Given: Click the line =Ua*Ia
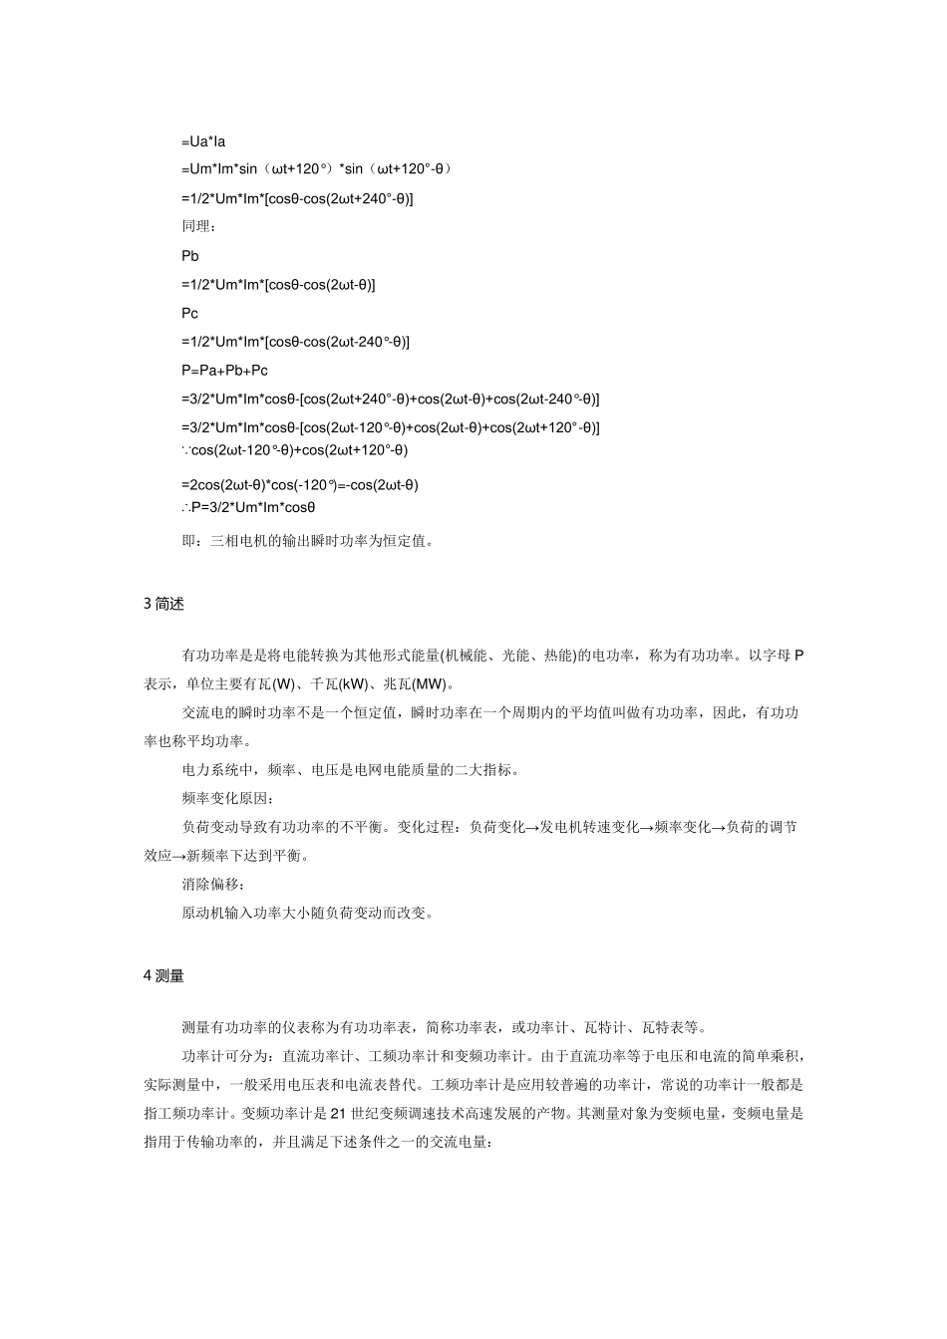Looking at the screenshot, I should pos(203,141).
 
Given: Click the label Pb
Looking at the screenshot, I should pos(190,256).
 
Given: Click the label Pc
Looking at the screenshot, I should pos(190,313).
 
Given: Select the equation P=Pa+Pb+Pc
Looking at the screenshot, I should pos(224,371).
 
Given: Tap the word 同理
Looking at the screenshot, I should pos(195,227).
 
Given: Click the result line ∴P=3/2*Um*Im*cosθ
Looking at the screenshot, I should pos(248,507).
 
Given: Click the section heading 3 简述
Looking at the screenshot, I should pos(163,604).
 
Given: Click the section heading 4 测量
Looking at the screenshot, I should pos(163,976).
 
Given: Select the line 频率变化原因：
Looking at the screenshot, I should pos(226,798).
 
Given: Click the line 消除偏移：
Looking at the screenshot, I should pos(211,884).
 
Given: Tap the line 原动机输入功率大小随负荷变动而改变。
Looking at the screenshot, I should pos(307,913).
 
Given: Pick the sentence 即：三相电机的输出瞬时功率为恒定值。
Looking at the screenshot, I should pos(307,542).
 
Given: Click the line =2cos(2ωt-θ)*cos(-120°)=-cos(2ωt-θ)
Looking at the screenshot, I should pos(300,485).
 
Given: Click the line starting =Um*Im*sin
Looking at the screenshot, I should pos(317,169).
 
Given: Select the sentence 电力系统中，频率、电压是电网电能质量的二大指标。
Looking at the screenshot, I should pos(351,769).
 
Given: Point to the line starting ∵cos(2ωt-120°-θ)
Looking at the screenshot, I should pos(295,450).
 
